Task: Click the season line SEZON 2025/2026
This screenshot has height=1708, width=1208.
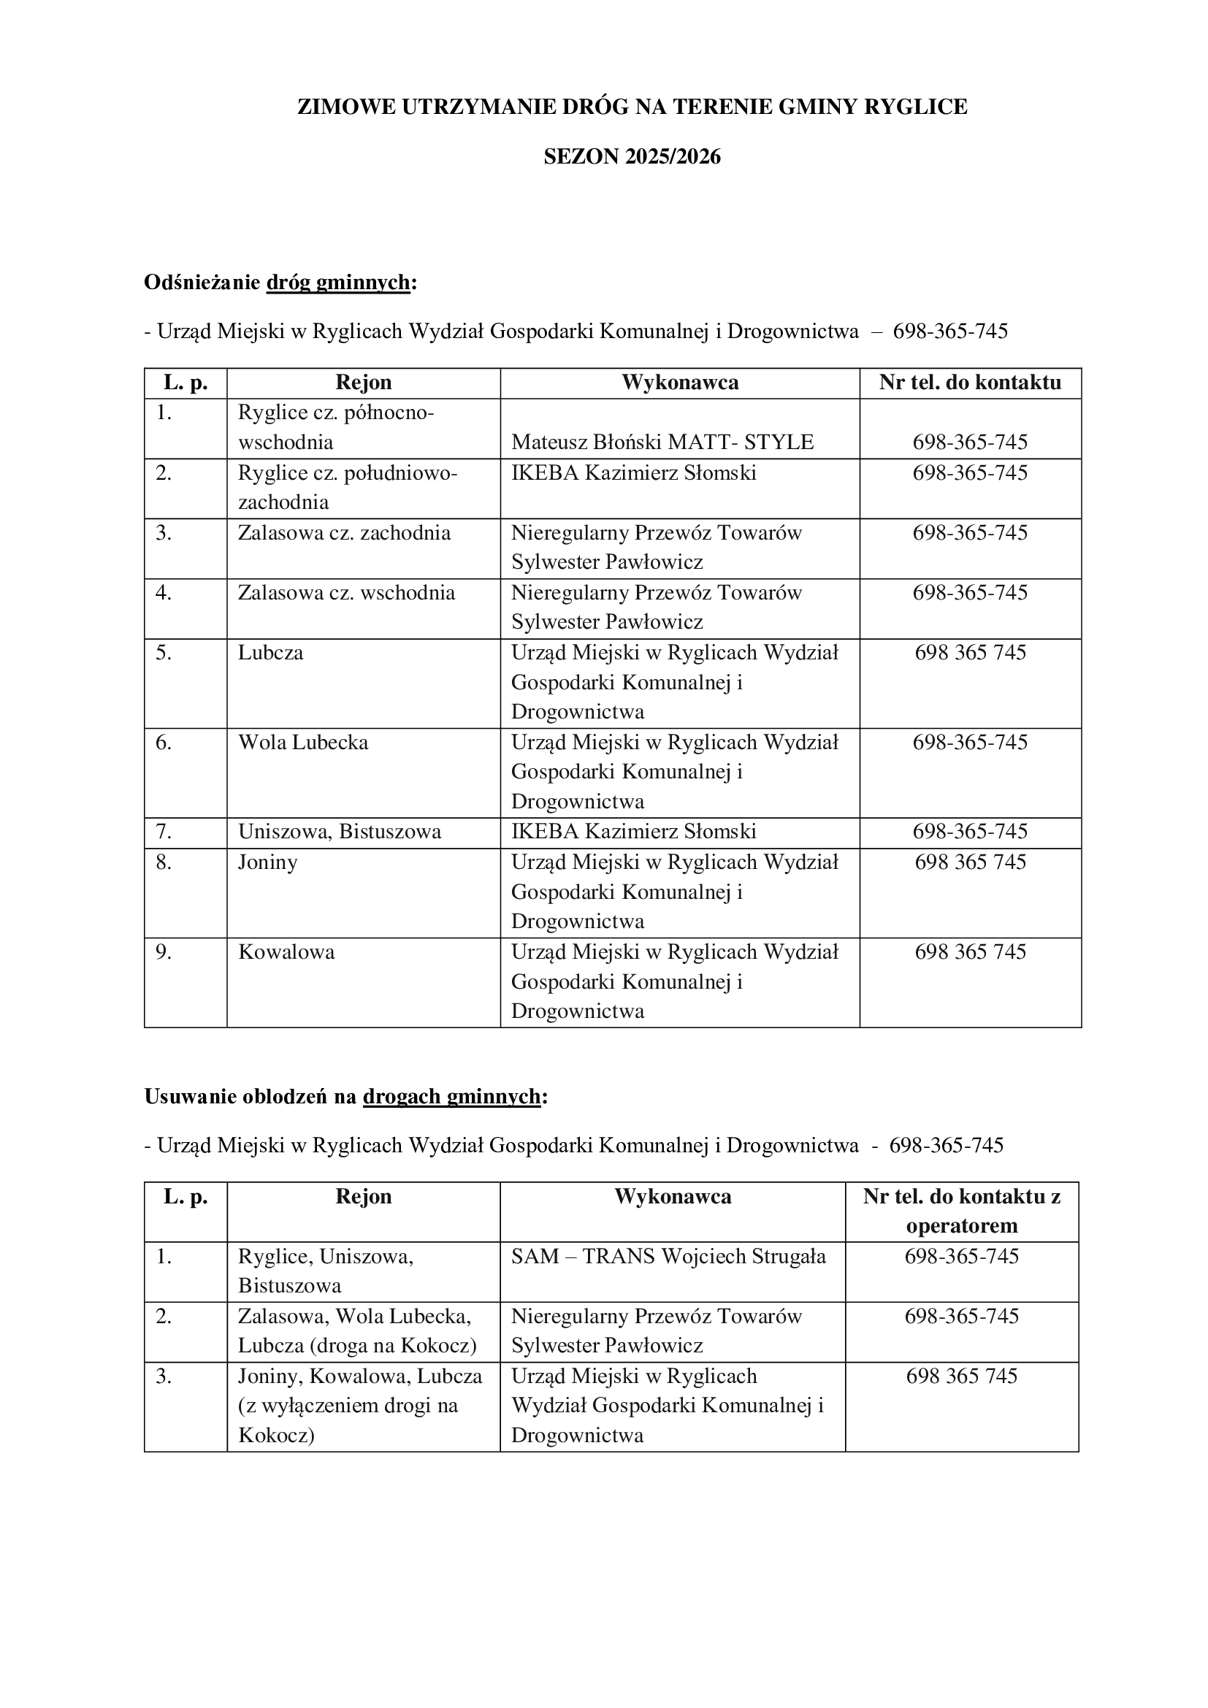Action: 632,157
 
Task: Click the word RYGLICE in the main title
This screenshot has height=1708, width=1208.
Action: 915,107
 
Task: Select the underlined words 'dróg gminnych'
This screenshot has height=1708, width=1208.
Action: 337,283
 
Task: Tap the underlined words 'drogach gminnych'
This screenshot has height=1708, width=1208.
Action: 451,1097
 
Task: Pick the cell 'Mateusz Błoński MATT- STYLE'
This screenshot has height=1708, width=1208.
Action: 662,443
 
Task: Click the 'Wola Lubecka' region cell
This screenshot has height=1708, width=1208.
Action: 303,743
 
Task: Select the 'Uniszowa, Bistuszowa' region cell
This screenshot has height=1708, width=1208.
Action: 339,832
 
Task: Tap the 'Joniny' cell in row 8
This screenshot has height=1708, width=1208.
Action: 268,862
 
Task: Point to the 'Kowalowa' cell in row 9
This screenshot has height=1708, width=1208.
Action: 286,952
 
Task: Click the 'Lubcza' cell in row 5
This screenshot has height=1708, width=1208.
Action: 271,653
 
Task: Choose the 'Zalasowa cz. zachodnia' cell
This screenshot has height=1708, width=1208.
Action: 344,533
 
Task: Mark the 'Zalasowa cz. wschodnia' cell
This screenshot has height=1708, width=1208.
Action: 346,593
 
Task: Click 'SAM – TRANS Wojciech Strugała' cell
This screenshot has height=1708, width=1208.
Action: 668,1257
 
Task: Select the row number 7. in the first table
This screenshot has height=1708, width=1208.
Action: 164,832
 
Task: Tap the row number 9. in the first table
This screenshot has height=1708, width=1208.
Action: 164,952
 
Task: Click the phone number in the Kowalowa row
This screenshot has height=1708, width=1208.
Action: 970,952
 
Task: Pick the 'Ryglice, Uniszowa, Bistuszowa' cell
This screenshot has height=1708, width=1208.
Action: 326,1271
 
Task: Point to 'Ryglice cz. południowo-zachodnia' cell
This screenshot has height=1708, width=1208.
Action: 348,487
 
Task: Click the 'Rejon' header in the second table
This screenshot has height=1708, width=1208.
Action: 363,1196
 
